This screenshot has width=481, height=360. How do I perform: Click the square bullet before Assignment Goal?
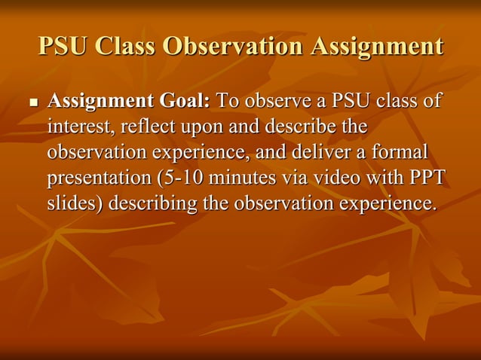[32, 102]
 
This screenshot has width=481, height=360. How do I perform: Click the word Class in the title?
[122, 47]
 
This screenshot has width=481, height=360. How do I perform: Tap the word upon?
[198, 127]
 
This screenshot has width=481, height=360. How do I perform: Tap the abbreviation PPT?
[427, 178]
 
